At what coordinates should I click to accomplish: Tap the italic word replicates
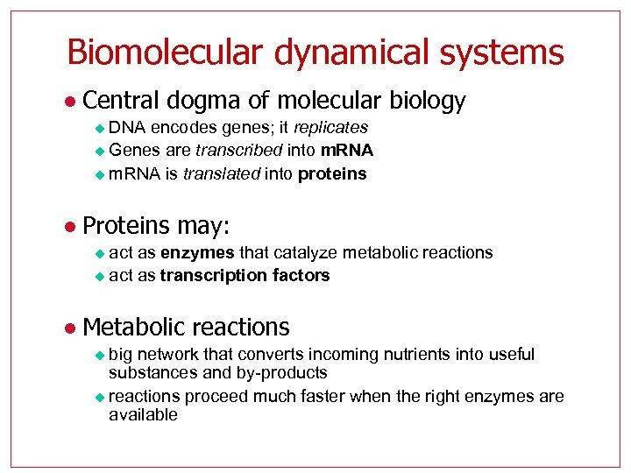click(x=330, y=128)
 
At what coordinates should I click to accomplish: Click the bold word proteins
click(x=332, y=173)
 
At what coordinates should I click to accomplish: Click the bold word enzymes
click(x=197, y=252)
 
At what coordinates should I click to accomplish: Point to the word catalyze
click(x=306, y=252)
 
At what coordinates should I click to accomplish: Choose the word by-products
click(x=282, y=373)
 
